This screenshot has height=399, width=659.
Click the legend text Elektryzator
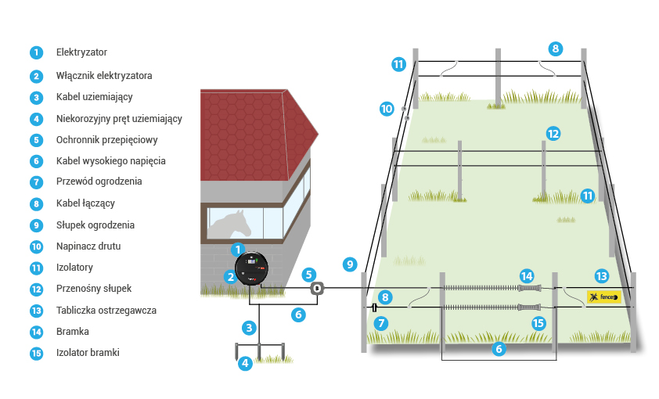click(81, 52)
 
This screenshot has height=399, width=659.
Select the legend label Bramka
click(72, 331)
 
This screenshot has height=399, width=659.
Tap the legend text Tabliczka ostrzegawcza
click(106, 310)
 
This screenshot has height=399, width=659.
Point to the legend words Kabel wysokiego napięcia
click(110, 161)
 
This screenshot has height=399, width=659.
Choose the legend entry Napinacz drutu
click(88, 246)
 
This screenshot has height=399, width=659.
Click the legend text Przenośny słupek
click(93, 288)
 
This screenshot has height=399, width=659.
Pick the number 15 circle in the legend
click(36, 353)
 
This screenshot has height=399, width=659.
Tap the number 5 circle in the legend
click(36, 141)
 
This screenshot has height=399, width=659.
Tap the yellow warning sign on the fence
click(603, 297)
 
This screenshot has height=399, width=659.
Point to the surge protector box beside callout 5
click(316, 289)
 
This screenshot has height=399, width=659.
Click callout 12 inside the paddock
click(553, 134)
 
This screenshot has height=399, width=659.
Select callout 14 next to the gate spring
click(527, 276)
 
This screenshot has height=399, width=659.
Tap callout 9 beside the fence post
click(350, 264)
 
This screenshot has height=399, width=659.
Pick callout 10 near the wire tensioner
click(387, 109)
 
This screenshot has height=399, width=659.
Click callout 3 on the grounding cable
click(249, 327)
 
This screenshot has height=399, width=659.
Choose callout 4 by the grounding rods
click(245, 362)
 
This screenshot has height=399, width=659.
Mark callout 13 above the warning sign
click(601, 276)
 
